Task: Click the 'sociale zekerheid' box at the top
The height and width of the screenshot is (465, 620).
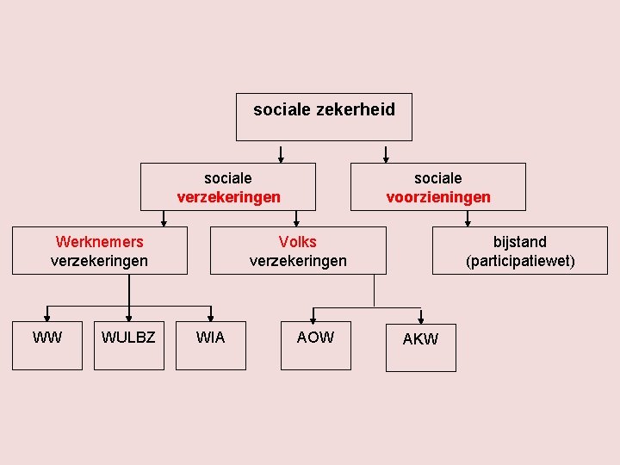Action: (324, 117)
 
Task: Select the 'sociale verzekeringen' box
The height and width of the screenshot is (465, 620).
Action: (228, 187)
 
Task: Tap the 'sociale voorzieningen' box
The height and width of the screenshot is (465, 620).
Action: (437, 187)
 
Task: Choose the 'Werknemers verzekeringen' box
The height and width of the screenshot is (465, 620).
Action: (99, 251)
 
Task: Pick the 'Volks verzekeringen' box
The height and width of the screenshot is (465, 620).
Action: (298, 251)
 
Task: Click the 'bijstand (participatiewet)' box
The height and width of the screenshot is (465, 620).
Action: (519, 251)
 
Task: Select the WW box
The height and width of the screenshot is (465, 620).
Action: (47, 344)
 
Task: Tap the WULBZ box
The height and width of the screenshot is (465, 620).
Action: (128, 344)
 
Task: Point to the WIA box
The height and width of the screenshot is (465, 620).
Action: (210, 344)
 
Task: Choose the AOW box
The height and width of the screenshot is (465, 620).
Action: (315, 344)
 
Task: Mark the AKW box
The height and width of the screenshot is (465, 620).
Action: (420, 346)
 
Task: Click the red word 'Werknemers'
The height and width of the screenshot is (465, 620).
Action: (99, 242)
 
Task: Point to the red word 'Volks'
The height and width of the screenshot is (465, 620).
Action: (298, 242)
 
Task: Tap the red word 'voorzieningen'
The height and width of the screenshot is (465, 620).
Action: (438, 197)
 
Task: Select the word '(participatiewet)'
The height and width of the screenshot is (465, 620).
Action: (520, 260)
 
